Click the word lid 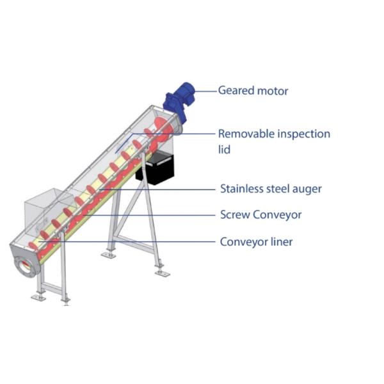pos(225,149)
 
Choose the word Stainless pos(244,189)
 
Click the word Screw pos(235,215)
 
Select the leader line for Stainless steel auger pos(173,189)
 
